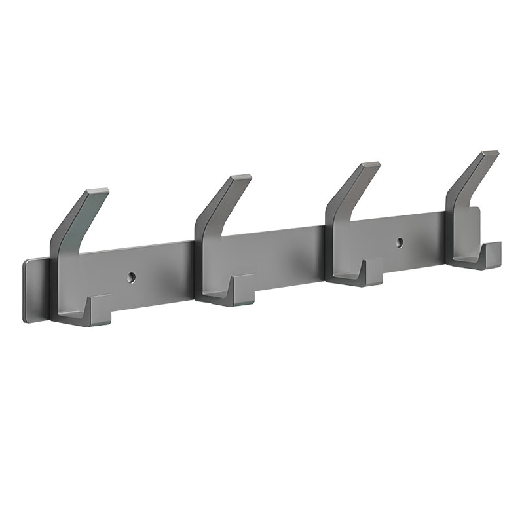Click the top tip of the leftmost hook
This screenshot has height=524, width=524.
click(98, 192)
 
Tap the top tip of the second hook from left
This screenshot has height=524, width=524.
click(241, 178)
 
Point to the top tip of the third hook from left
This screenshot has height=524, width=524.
click(370, 165)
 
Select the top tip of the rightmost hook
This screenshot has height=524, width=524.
click(489, 154)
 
